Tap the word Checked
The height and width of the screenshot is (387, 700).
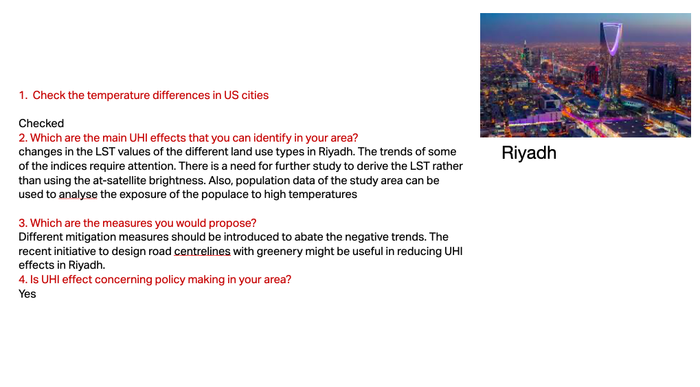pos(41,123)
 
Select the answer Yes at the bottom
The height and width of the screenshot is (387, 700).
pos(27,294)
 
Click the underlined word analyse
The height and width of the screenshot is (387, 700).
pos(78,195)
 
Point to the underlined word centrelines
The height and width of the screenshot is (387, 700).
pos(202,251)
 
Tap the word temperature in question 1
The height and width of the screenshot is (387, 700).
pos(118,95)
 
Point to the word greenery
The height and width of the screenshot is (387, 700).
pos(277,252)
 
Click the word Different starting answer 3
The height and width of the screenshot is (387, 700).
pos(41,237)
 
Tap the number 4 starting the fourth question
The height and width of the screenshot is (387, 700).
pos(22,280)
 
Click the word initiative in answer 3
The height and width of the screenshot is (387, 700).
pos(69,251)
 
